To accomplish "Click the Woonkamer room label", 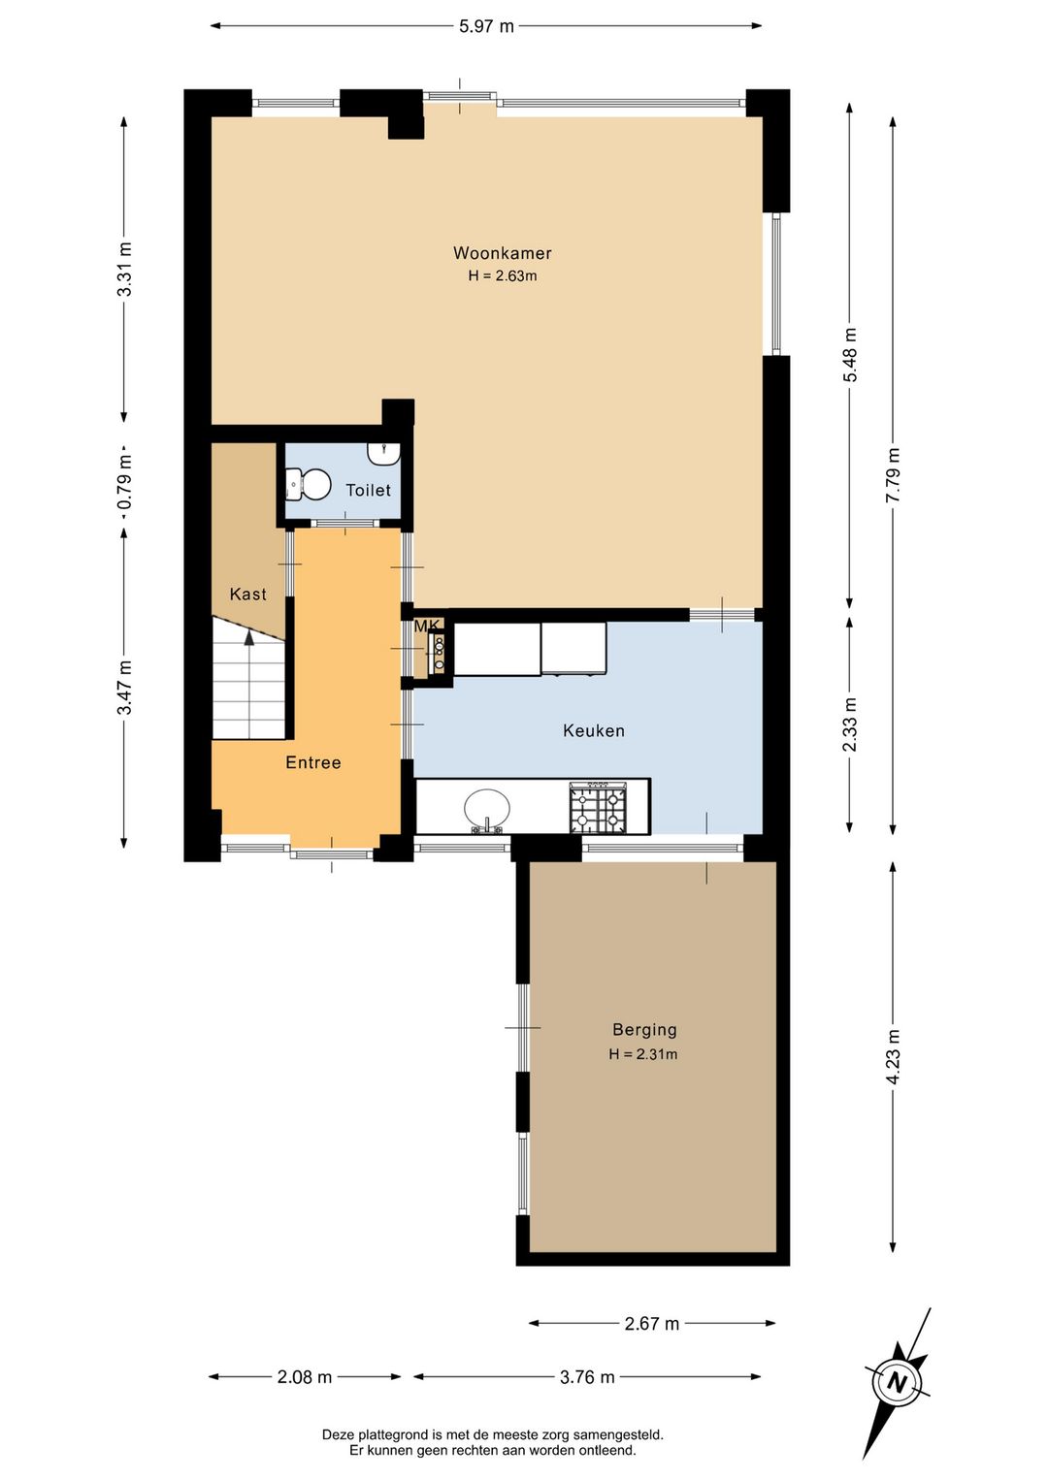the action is click(502, 253).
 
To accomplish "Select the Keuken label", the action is click(593, 730).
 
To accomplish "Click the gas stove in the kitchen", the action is click(598, 807).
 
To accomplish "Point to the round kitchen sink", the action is click(487, 809).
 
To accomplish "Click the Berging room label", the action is click(644, 1029).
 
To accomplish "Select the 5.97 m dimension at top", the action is click(486, 26).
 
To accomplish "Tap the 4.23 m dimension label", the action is click(893, 1057).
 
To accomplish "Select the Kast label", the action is click(248, 595).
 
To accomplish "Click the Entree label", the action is click(313, 762).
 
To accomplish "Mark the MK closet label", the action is click(426, 626).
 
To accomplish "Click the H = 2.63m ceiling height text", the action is click(503, 276).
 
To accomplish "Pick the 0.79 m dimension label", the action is click(125, 481).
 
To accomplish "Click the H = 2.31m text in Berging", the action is click(642, 1054).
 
